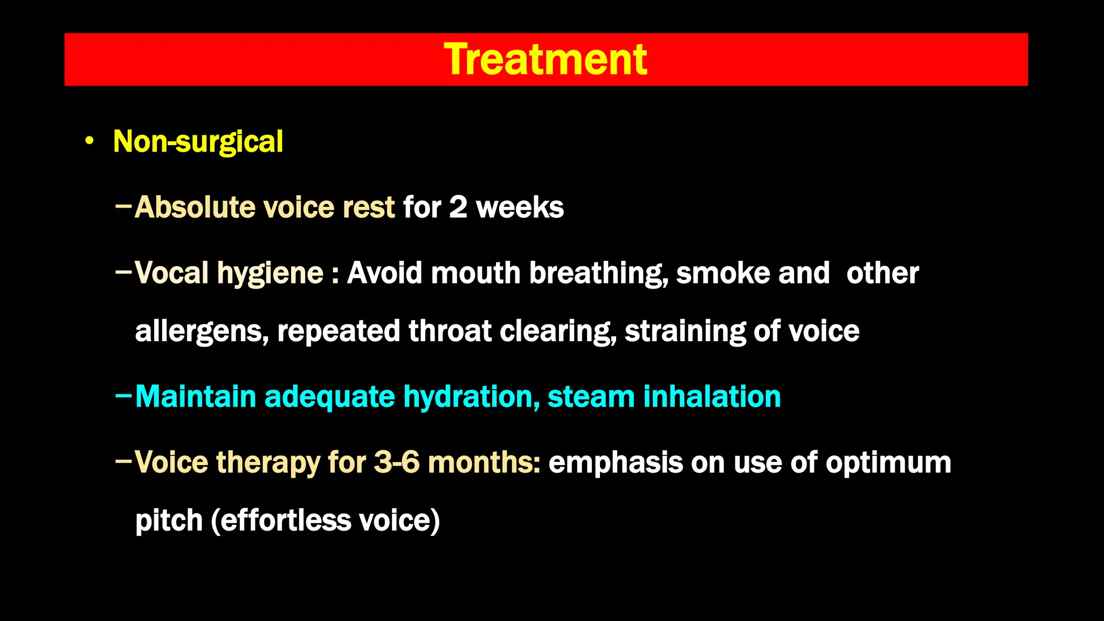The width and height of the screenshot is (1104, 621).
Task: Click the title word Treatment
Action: (x=546, y=59)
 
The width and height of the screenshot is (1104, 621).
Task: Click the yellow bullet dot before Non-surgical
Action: (x=89, y=142)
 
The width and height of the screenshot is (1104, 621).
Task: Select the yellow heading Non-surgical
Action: (x=198, y=142)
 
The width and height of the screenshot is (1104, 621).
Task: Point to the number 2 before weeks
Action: (x=458, y=208)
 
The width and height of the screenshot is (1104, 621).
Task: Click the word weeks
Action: (x=520, y=208)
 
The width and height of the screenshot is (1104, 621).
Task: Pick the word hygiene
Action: (x=270, y=273)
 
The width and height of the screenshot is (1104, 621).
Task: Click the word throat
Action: (x=450, y=330)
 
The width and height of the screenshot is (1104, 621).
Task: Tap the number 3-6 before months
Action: (x=396, y=463)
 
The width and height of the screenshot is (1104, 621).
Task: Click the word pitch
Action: (x=169, y=521)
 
